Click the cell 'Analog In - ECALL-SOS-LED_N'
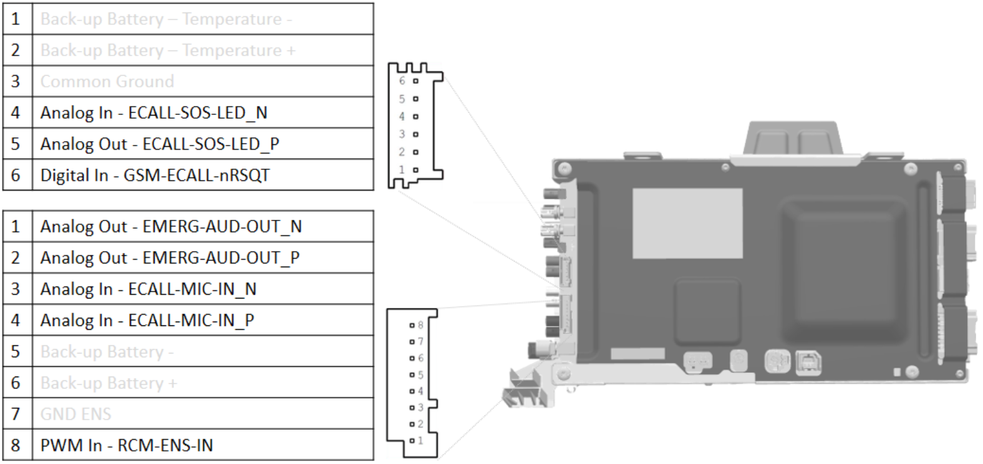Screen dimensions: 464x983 [x=153, y=113]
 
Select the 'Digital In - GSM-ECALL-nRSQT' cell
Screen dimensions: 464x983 [x=155, y=175]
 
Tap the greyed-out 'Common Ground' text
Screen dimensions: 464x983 [x=107, y=82]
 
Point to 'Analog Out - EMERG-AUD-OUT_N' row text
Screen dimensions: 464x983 [x=171, y=227]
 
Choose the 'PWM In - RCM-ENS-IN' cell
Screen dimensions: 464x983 [x=127, y=445]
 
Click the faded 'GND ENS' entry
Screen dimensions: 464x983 [x=76, y=414]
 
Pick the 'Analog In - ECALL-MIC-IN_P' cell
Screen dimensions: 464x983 [x=147, y=320]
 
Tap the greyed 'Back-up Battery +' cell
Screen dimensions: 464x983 [x=109, y=383]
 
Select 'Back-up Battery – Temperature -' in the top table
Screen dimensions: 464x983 [x=166, y=19]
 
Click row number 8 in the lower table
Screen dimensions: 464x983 [x=16, y=445]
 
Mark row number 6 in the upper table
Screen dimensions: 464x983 [x=16, y=175]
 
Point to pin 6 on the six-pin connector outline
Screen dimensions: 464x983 [x=415, y=81]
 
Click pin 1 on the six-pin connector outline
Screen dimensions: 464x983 [x=415, y=169]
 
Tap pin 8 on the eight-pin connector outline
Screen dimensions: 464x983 [x=412, y=325]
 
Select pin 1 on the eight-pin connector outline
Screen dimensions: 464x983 [x=412, y=441]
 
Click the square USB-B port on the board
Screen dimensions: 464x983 [x=809, y=362]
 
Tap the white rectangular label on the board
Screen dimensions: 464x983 [x=687, y=224]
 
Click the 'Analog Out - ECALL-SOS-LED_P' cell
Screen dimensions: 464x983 [x=160, y=144]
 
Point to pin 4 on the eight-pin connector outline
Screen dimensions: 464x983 [x=412, y=392]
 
